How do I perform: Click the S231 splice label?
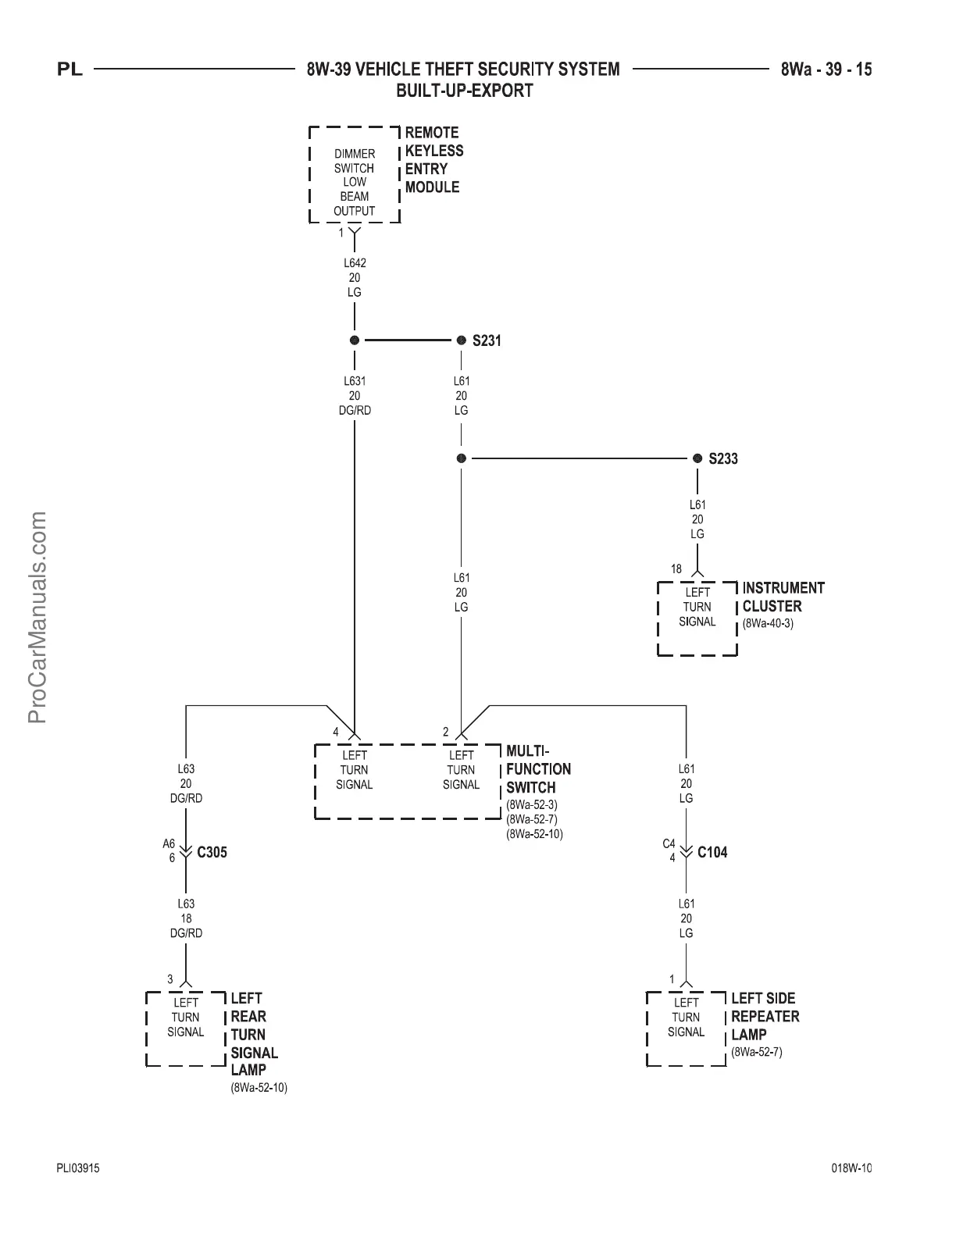click(x=487, y=341)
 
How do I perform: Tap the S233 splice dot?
click(x=697, y=458)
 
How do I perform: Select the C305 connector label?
click(x=212, y=852)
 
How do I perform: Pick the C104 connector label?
click(x=712, y=852)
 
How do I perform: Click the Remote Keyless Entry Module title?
click(x=433, y=160)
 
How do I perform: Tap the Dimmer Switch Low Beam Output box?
click(x=355, y=175)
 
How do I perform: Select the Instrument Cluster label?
click(x=783, y=597)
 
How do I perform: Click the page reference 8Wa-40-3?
click(x=768, y=624)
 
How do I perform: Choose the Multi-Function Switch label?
click(x=538, y=769)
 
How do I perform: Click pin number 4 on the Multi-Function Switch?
click(x=336, y=732)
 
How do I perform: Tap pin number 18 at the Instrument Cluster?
click(x=676, y=569)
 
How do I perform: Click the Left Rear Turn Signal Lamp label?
click(x=254, y=1034)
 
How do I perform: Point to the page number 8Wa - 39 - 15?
click(x=826, y=70)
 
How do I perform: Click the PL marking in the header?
click(x=70, y=70)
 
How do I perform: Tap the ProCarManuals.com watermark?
click(x=37, y=617)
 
